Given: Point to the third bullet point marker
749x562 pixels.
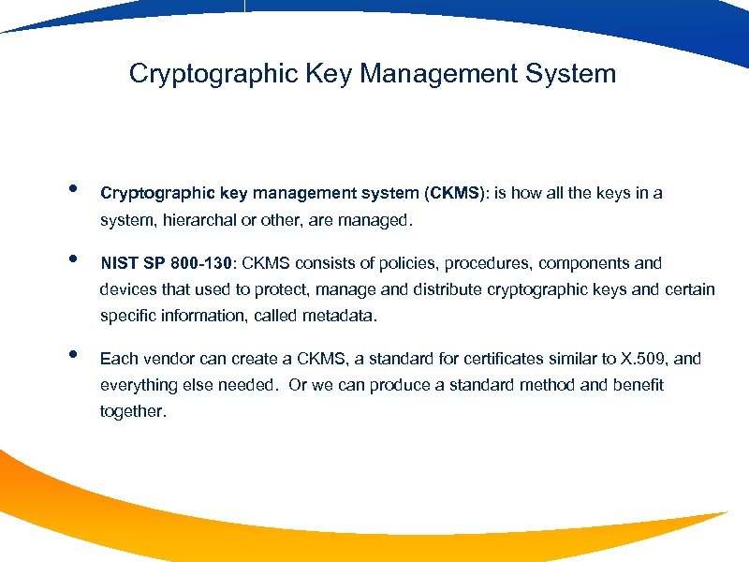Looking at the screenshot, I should [x=72, y=354].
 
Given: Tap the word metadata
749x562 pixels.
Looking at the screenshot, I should [x=338, y=316].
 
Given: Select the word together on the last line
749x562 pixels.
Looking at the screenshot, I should [x=132, y=411].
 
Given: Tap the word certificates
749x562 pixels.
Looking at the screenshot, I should [x=490, y=359].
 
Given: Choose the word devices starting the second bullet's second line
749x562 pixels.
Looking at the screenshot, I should [x=127, y=290].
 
